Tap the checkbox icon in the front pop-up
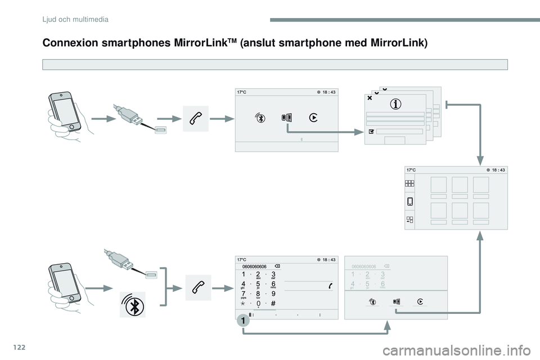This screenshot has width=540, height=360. [371, 130]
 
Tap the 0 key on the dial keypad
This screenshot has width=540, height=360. [258, 304]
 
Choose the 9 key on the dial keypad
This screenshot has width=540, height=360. [273, 293]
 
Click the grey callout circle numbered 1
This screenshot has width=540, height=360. [242, 321]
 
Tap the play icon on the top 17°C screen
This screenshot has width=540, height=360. [313, 118]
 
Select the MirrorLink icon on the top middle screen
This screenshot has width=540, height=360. [287, 118]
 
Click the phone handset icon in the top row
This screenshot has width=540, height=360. [195, 118]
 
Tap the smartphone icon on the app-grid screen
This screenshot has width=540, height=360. [409, 201]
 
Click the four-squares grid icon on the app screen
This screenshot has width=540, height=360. [409, 183]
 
